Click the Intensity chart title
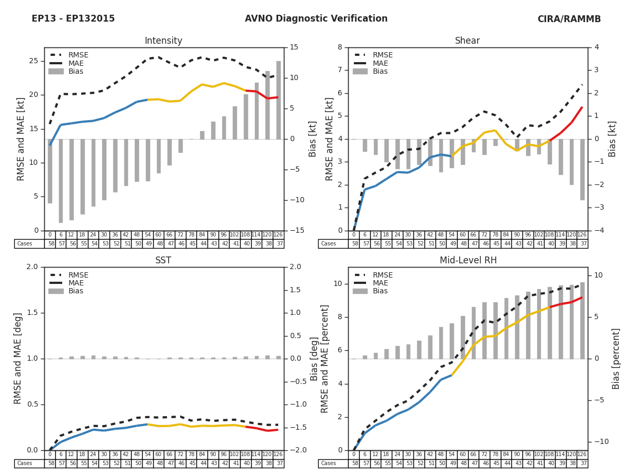163,41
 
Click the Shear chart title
468,41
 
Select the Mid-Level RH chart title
468,261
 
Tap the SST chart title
163,261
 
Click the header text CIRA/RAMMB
569,19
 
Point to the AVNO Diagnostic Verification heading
316,19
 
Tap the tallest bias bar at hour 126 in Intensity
279,100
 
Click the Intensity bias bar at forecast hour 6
61,181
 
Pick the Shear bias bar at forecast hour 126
582,170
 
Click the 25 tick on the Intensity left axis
34,61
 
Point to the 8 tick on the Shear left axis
341,47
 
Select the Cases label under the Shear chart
329,244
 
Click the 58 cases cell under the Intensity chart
50,244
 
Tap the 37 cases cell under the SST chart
279,463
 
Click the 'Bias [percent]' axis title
617,359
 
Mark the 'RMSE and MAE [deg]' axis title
18,359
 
